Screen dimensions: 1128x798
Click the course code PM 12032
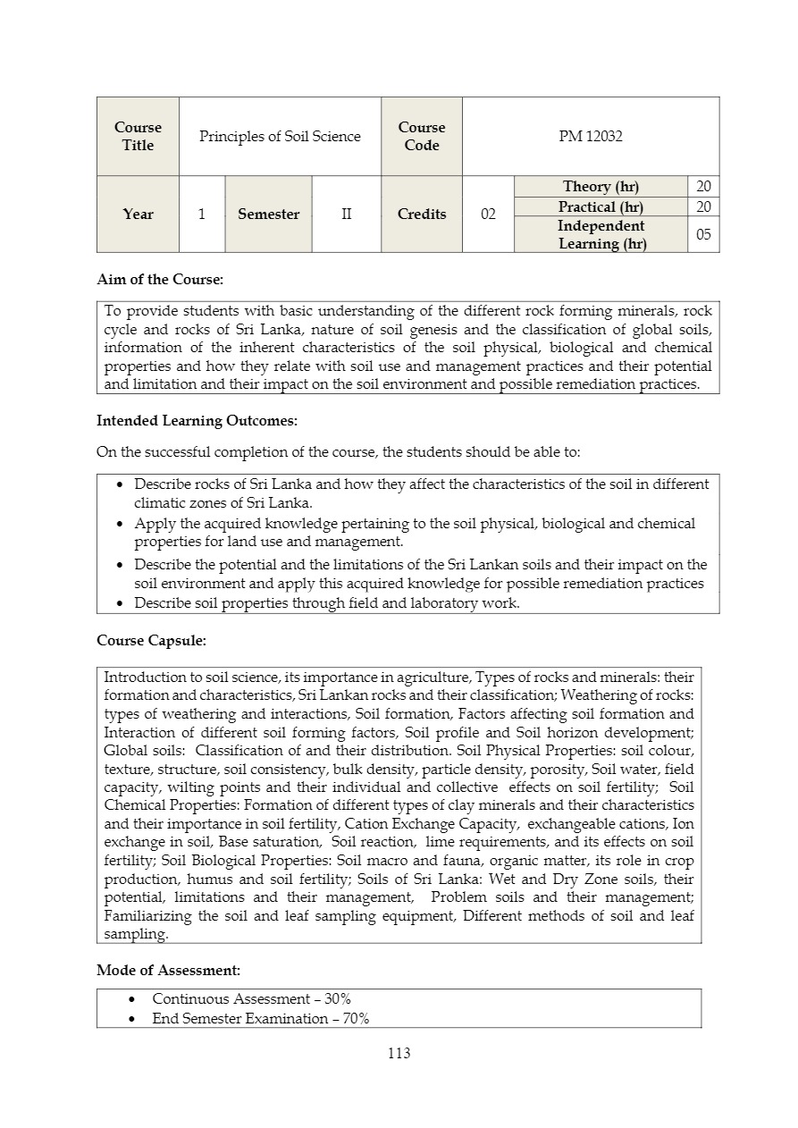tap(590, 136)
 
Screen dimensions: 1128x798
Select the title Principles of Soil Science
tap(280, 136)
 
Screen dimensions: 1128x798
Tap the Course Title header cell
tap(138, 136)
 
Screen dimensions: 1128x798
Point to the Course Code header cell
tap(421, 136)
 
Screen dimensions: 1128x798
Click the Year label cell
tap(138, 214)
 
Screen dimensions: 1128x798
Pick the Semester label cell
tap(268, 214)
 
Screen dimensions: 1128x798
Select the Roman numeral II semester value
tap(346, 214)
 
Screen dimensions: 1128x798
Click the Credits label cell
tap(421, 214)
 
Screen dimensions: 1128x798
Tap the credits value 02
tap(488, 214)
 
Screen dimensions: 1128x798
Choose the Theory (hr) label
tap(601, 186)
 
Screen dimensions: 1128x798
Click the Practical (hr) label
tap(601, 206)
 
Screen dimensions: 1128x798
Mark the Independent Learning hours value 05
tap(703, 234)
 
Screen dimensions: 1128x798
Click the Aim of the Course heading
tap(160, 280)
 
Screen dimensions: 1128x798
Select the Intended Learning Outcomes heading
tap(197, 420)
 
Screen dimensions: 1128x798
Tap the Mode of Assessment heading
tap(168, 970)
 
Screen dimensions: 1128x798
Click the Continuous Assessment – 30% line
tap(251, 998)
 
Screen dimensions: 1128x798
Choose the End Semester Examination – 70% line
tap(260, 1018)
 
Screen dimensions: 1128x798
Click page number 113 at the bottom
tap(399, 1053)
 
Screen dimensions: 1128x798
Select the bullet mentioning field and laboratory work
tap(326, 603)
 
